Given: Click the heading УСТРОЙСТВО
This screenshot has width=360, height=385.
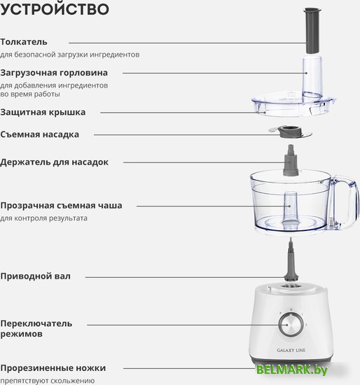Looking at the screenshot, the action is click(55, 9).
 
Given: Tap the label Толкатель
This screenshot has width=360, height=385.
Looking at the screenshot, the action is click(24, 42).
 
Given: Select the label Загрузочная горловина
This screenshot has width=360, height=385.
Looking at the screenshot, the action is click(54, 73).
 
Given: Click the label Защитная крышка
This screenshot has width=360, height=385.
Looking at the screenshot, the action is click(43, 113).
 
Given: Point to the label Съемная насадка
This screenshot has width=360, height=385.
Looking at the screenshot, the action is click(39, 134).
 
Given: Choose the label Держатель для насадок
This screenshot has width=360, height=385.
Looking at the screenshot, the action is click(54, 162).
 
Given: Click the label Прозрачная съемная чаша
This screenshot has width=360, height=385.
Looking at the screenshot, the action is click(61, 206).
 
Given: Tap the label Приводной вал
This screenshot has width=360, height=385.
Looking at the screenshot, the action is click(36, 276).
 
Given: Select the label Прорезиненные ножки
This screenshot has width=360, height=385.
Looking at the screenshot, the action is click(53, 368).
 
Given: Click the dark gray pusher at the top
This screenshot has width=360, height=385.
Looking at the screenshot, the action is click(312, 30).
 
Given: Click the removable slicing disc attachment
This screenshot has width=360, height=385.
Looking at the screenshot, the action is click(291, 132).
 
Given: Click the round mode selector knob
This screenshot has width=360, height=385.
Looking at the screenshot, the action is click(291, 325).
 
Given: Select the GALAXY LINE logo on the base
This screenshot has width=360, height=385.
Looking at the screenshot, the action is click(291, 351).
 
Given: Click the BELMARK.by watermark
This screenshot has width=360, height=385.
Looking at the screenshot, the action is click(292, 370).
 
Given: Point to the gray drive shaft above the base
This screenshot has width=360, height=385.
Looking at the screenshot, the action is click(291, 260).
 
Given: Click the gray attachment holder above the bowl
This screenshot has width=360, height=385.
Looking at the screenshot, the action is click(291, 160).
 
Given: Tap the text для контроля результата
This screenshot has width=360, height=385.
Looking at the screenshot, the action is click(43, 218).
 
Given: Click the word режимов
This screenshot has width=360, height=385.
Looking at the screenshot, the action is click(22, 334).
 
